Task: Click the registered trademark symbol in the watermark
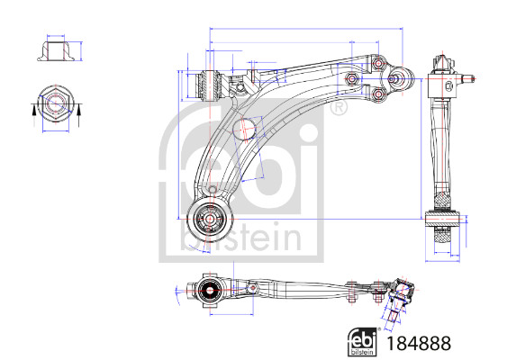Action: pyautogui.click(x=338, y=110)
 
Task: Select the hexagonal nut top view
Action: pyautogui.click(x=53, y=105)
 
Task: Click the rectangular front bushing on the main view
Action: pyautogui.click(x=209, y=84)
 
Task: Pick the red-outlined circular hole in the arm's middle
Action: pyautogui.click(x=246, y=129)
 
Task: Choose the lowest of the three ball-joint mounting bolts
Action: pyautogui.click(x=377, y=92)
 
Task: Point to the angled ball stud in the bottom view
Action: pyautogui.click(x=394, y=306)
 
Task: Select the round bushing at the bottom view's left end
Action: pyautogui.click(x=210, y=290)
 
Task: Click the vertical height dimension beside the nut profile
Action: pyautogui.click(x=82, y=51)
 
